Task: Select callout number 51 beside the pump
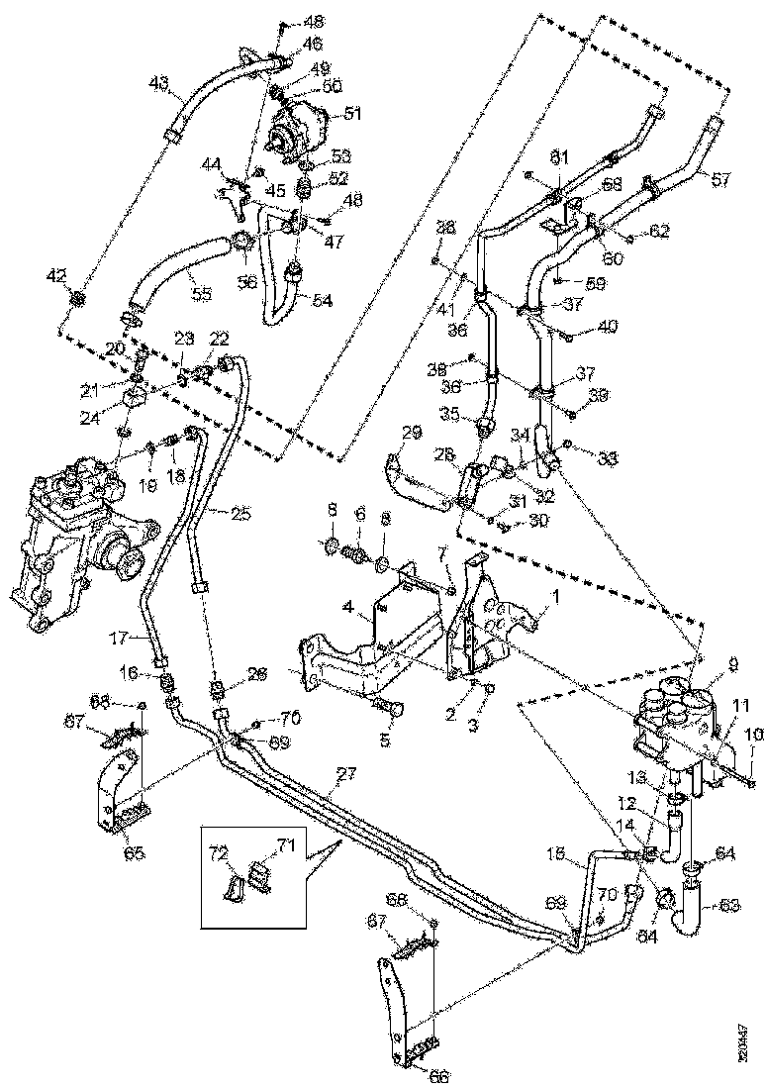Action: pyautogui.click(x=353, y=114)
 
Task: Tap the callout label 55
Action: pyautogui.click(x=201, y=295)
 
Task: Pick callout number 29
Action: pyautogui.click(x=412, y=434)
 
